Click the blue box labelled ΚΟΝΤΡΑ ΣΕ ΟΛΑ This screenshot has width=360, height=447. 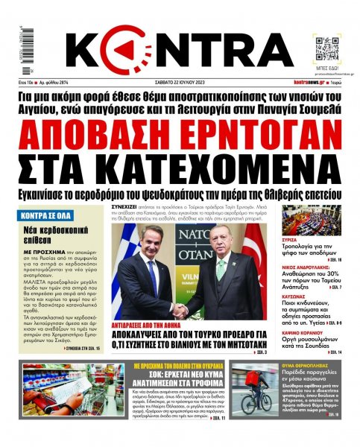click(x=44, y=216)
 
